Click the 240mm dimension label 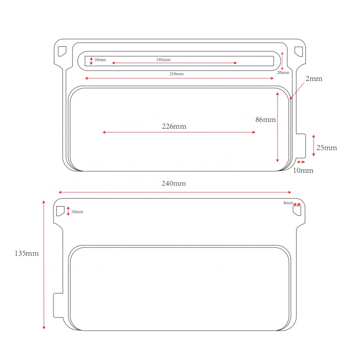click(x=174, y=184)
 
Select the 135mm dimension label click(x=27, y=253)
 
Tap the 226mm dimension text click(x=174, y=126)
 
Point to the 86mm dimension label click(x=265, y=119)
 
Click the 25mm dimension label click(x=327, y=148)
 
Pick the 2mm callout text click(x=314, y=79)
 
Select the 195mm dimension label click(x=163, y=60)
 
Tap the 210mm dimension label click(x=176, y=74)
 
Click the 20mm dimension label click(x=283, y=72)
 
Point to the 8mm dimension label click(x=288, y=203)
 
